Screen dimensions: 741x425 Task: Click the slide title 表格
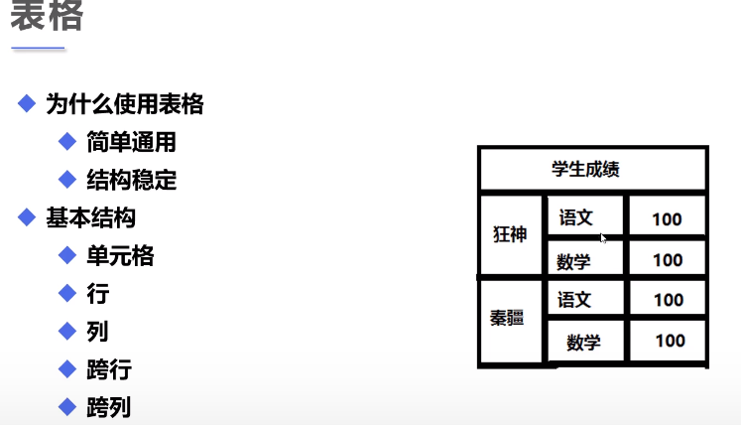47,16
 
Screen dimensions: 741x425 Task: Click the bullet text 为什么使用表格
125,103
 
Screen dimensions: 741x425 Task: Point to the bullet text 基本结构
91,218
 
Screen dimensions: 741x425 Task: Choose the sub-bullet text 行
97,294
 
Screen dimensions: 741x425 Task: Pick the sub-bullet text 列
97,332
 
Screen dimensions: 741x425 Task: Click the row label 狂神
510,235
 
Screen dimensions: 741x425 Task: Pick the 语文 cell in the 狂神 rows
575,217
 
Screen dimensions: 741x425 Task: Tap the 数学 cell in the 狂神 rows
573,261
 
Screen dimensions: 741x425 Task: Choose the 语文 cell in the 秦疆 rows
574,299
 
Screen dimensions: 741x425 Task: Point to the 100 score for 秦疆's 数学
671,341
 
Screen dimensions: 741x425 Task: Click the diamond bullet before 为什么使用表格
27,102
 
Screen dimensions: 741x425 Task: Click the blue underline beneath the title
38,48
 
